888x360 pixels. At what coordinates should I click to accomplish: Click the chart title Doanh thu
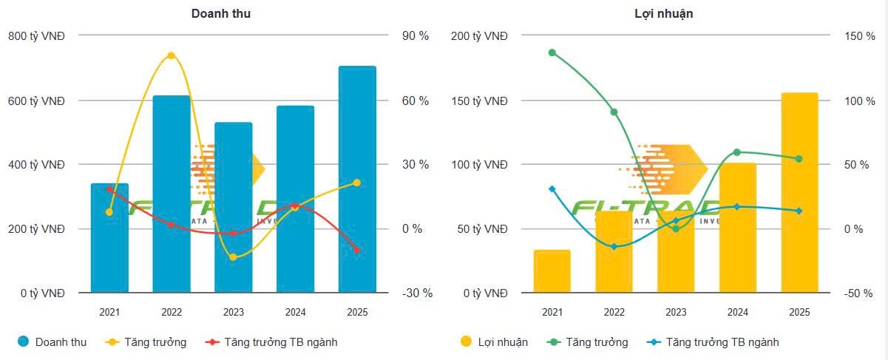click(221, 13)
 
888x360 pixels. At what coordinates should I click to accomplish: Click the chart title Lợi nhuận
click(663, 13)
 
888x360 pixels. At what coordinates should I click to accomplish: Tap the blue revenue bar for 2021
click(109, 237)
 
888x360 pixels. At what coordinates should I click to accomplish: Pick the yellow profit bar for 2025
click(799, 192)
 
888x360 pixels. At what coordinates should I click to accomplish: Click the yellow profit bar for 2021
click(552, 271)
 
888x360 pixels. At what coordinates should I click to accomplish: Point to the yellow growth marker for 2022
click(171, 55)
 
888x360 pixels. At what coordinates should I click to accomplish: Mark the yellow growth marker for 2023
click(233, 257)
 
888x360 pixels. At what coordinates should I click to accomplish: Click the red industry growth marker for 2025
click(357, 250)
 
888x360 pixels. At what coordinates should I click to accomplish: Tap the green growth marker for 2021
click(552, 52)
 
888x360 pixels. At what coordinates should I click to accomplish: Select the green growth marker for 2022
click(614, 112)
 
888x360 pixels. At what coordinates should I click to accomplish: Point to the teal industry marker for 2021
click(552, 189)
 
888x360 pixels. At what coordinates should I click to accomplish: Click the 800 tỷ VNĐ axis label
click(36, 35)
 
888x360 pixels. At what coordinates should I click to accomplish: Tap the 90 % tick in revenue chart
click(414, 35)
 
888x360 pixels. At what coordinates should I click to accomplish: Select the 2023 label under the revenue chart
click(233, 313)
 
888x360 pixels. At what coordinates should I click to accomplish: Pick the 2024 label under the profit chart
click(737, 313)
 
